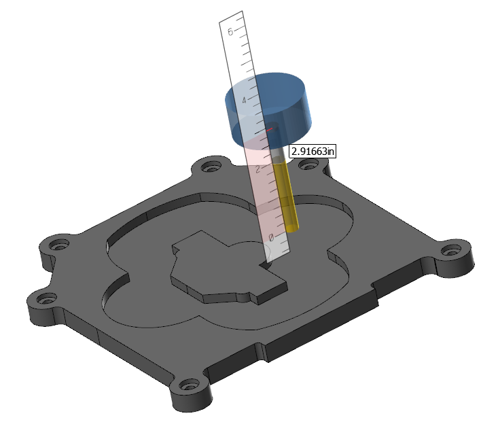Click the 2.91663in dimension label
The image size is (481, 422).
313,152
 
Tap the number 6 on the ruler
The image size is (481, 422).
230,31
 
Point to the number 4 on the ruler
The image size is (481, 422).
244,100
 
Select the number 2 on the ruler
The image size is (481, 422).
258,169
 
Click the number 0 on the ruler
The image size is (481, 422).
271,237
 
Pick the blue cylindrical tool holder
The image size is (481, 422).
269,111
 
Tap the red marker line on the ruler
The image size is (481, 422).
269,130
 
